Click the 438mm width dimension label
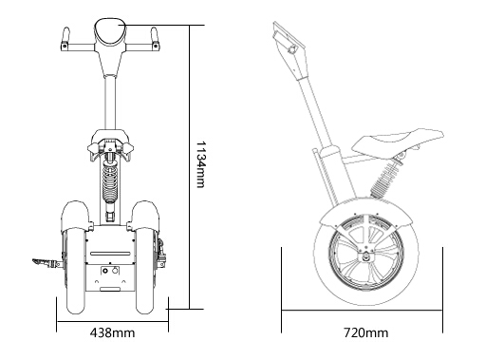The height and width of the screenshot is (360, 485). [x=112, y=332]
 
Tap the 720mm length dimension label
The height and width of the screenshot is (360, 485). [x=365, y=332]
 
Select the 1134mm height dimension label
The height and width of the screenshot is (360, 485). [x=201, y=164]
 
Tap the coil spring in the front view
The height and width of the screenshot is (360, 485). [x=110, y=183]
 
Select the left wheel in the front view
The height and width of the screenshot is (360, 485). [x=76, y=271]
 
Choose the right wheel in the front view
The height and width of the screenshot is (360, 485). [x=145, y=271]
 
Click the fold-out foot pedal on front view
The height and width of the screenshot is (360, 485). [x=47, y=262]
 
